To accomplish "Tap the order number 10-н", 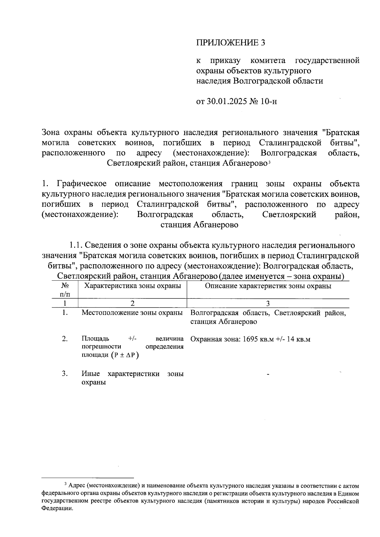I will click(x=269, y=102).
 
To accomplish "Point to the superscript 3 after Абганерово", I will click(x=269, y=163).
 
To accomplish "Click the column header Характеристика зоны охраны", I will click(x=132, y=286).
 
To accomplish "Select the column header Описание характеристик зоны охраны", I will click(x=268, y=286).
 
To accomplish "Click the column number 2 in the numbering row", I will click(x=132, y=303).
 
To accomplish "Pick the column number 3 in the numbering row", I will click(x=268, y=303).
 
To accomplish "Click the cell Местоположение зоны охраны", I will click(x=132, y=313).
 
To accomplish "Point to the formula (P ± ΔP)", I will click(x=125, y=355).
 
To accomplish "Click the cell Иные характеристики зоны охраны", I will click(x=132, y=378).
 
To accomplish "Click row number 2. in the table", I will click(x=65, y=339).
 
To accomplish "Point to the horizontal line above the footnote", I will click(x=88, y=478).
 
